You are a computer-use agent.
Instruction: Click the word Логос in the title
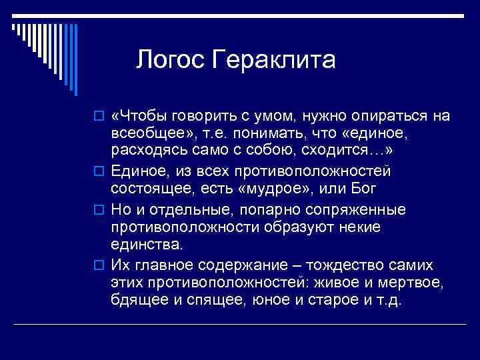pos(171,60)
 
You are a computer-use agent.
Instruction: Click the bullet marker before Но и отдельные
pos(100,211)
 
